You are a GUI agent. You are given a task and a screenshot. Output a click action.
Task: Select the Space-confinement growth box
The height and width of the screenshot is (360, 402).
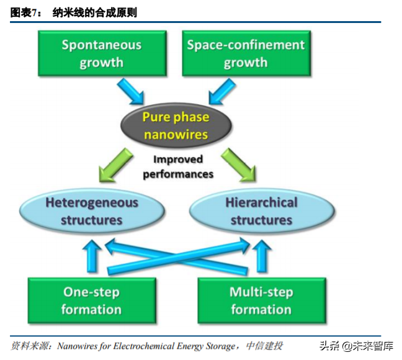pos(246,54)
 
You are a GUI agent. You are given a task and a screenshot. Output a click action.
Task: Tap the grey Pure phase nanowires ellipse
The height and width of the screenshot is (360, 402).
pos(176,126)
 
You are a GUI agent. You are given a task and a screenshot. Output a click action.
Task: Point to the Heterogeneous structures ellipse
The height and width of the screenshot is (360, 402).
pos(92,211)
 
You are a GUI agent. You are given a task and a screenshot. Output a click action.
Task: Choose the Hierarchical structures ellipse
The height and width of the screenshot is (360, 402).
pos(261,211)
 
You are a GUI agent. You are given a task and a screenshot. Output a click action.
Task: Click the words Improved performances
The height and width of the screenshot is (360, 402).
pos(178,166)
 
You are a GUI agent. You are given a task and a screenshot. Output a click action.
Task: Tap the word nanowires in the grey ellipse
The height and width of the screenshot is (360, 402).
pos(176,133)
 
